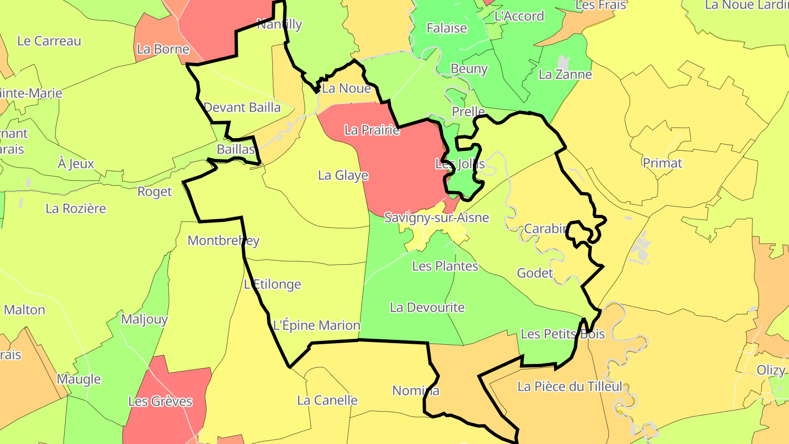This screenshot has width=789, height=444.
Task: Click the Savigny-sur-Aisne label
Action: click(x=436, y=218)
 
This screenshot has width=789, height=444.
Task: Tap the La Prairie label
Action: click(x=372, y=130)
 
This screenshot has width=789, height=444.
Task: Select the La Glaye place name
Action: click(x=343, y=175)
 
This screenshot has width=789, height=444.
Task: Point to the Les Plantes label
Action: click(x=445, y=266)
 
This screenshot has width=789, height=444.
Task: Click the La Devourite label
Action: click(x=427, y=308)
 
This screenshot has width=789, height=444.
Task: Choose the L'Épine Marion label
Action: click(x=317, y=325)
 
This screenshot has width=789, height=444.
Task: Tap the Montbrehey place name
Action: click(x=223, y=241)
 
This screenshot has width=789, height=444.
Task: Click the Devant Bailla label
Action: click(x=242, y=107)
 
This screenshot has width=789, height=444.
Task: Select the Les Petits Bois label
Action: click(x=562, y=334)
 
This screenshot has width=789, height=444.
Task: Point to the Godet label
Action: click(x=535, y=273)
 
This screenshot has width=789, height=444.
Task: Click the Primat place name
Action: click(x=662, y=163)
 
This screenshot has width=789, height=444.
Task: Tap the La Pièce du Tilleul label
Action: click(x=570, y=387)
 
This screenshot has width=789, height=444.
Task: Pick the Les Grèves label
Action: click(x=160, y=402)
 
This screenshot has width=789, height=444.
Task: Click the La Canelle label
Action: click(x=327, y=401)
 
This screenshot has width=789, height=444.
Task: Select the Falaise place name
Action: click(x=447, y=29)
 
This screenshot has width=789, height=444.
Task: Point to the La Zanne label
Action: click(x=565, y=75)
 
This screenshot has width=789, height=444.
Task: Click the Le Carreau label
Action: click(x=49, y=41)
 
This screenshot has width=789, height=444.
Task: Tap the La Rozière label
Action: click(x=76, y=209)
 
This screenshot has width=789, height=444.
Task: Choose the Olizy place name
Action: click(x=771, y=370)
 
